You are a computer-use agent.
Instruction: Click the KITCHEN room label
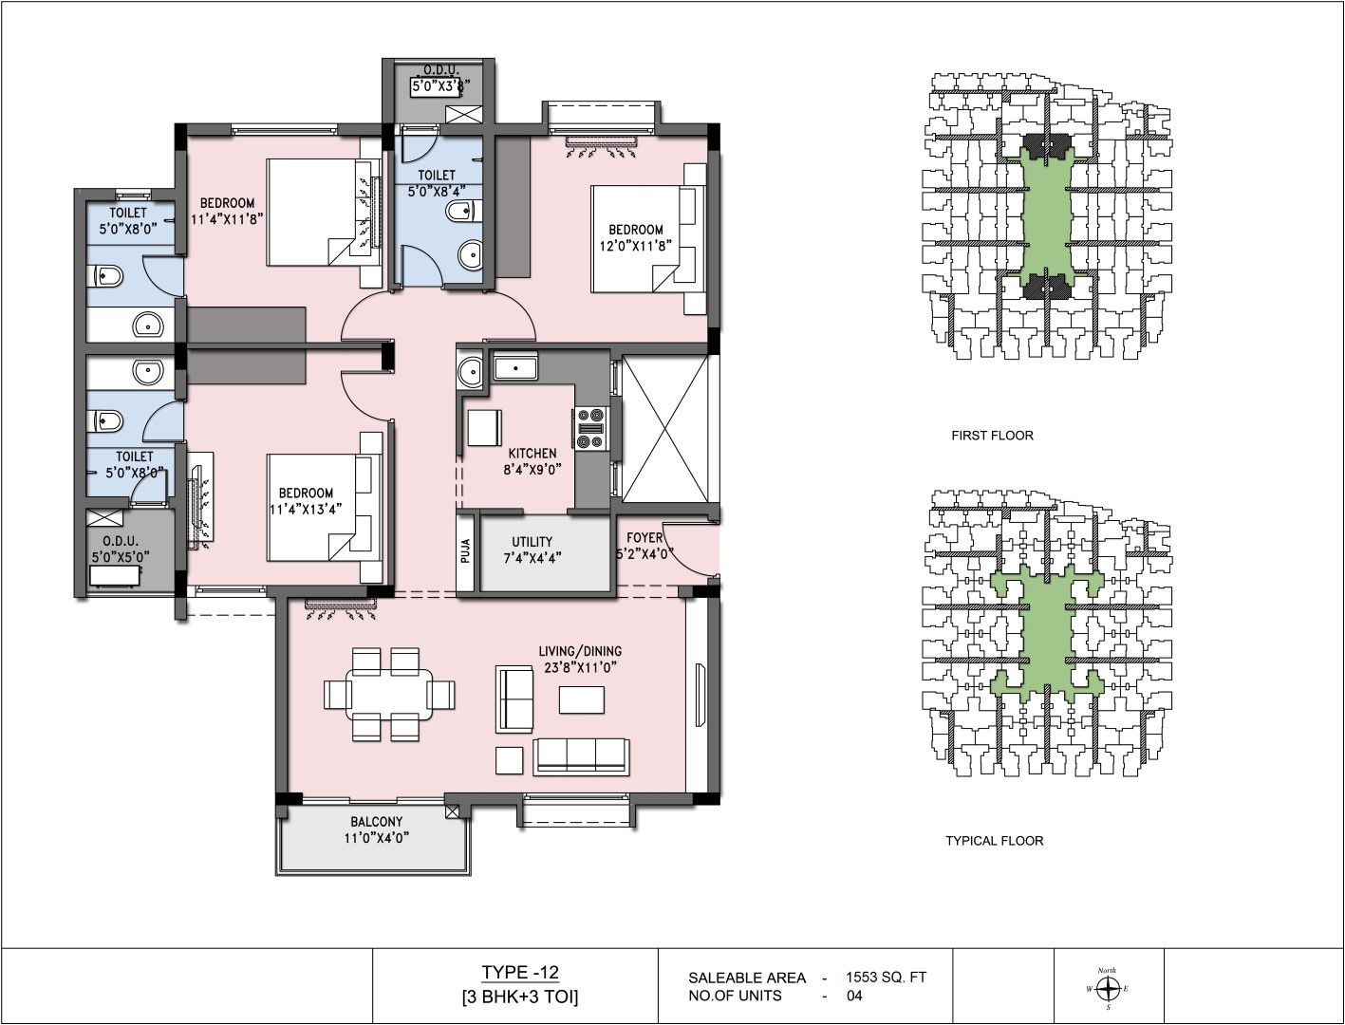(532, 454)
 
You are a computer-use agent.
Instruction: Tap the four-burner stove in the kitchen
(591, 429)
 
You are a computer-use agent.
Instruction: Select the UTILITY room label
(532, 542)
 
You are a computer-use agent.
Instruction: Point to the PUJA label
(465, 550)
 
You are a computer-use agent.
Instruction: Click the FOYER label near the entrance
(644, 538)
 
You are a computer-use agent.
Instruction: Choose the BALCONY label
(376, 822)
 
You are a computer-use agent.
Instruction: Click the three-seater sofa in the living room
(581, 756)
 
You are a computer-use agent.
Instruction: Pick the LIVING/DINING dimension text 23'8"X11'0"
(580, 667)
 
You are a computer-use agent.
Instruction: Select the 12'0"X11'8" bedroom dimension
(636, 246)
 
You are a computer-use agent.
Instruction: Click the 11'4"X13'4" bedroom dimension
(305, 509)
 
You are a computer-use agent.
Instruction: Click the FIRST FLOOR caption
(992, 436)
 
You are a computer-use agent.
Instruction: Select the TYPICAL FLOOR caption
(994, 841)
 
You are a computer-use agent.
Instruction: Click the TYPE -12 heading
(519, 972)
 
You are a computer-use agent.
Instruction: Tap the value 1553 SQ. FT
(886, 978)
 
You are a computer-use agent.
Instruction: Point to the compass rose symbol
(1108, 988)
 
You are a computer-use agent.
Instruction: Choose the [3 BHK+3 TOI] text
(519, 997)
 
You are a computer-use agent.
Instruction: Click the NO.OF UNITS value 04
(854, 996)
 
